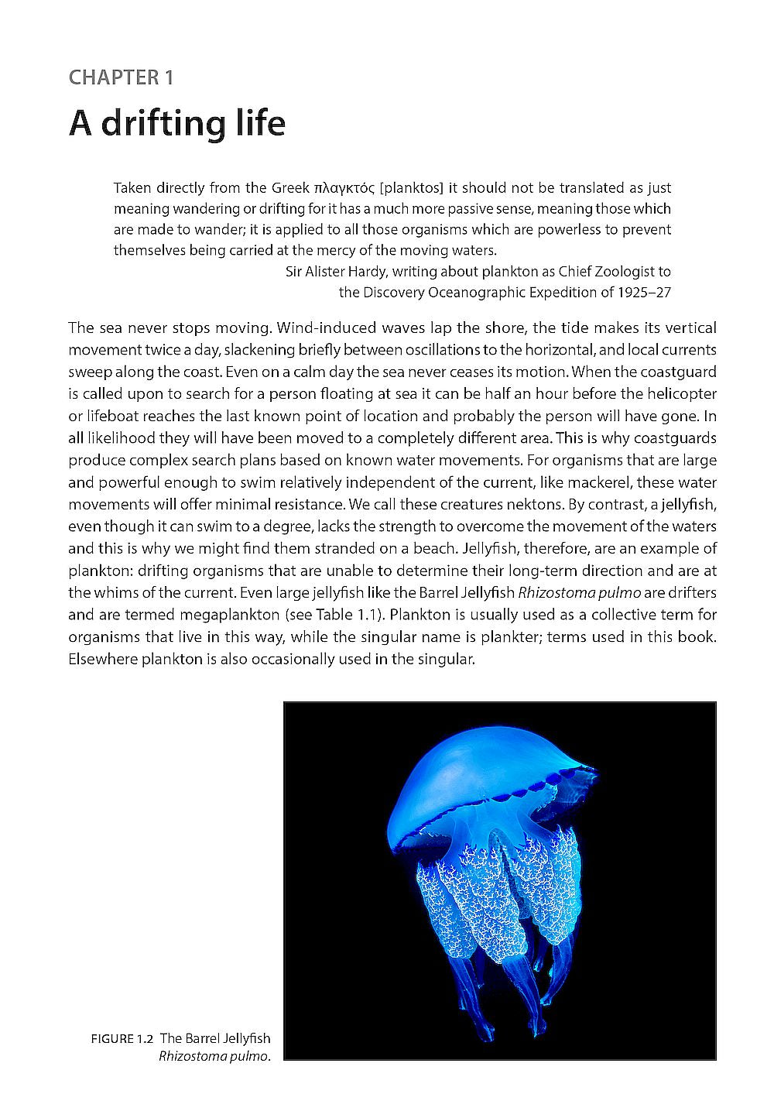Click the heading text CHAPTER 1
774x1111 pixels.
click(x=121, y=77)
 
